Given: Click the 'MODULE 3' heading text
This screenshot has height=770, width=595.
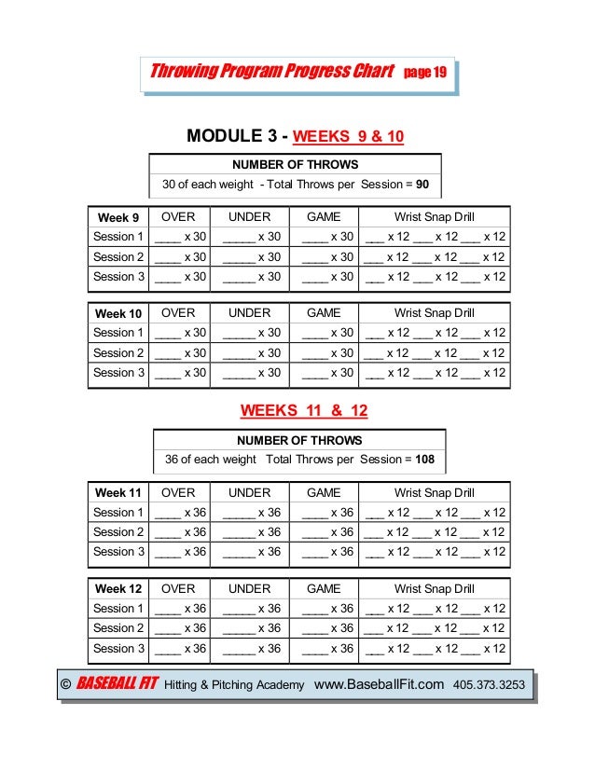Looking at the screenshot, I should click(x=233, y=136).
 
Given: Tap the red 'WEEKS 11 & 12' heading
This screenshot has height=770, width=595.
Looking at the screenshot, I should click(x=299, y=409).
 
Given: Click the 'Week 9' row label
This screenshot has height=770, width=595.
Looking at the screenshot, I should click(x=118, y=217).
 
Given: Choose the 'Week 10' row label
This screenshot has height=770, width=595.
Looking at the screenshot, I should click(x=118, y=313).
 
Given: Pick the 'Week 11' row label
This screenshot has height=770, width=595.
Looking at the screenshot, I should click(x=118, y=492).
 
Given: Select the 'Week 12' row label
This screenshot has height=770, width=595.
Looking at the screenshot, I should click(x=118, y=589).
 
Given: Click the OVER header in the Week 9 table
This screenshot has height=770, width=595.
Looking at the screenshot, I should click(x=178, y=217).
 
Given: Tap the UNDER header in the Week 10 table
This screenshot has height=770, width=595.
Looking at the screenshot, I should click(x=249, y=313).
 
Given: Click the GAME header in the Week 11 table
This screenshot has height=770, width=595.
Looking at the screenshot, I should click(x=324, y=492).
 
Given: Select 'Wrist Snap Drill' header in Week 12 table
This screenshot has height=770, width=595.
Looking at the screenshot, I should click(x=435, y=589).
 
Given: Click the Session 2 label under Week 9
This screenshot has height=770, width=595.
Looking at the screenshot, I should click(x=119, y=256).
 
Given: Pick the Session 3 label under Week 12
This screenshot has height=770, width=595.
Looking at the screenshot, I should click(x=119, y=648).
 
